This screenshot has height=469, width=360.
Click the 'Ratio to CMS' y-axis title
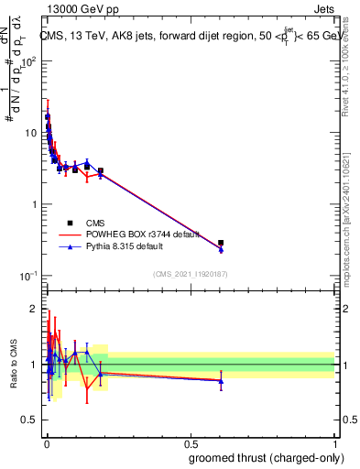pos(14,365)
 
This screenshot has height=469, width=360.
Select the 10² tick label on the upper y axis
pos(29,61)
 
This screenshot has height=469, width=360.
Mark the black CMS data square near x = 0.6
pos(221,243)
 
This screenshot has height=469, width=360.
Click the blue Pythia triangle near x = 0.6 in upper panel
pos(221,249)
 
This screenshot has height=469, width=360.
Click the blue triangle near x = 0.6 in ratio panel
pos(221,380)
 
